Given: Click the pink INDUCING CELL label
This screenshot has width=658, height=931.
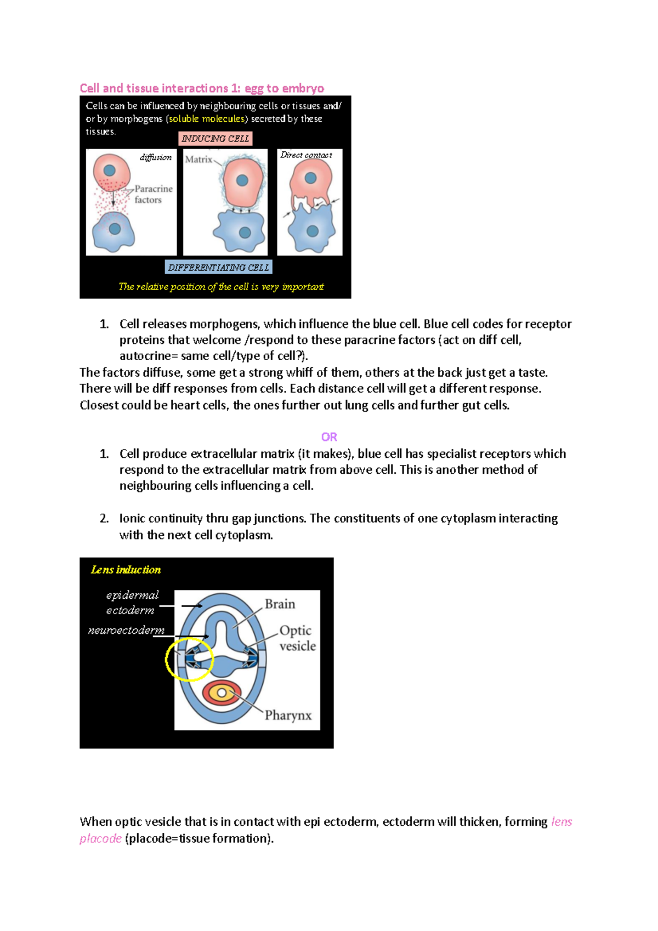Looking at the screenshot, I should [x=215, y=139].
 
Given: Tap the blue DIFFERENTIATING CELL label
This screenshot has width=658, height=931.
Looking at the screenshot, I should [x=218, y=268].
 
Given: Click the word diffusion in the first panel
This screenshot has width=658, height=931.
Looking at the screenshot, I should [x=156, y=157].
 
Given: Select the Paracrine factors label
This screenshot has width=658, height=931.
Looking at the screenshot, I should [x=153, y=194].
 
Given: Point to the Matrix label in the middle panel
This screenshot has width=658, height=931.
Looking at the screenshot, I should [x=198, y=160].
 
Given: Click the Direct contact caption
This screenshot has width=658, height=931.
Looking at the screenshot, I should [x=306, y=155].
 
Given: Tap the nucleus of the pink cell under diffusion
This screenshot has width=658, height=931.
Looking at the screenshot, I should [x=110, y=171].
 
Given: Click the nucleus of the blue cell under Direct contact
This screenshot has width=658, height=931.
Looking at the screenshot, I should [x=313, y=231].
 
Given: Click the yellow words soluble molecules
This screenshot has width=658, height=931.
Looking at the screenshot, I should [x=206, y=119].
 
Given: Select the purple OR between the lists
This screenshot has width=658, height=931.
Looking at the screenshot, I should [x=329, y=437].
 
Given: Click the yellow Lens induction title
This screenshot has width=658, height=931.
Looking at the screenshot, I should [x=126, y=570].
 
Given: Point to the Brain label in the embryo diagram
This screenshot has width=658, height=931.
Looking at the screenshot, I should [x=280, y=604].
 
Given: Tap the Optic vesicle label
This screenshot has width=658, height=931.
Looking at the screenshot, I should [x=297, y=638].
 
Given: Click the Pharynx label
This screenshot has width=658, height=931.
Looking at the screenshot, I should [x=288, y=716].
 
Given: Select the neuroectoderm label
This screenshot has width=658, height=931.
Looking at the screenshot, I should [x=126, y=631].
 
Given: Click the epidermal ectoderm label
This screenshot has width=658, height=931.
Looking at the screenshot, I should [x=132, y=603].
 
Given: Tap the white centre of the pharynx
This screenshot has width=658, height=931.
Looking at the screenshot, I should [x=222, y=693].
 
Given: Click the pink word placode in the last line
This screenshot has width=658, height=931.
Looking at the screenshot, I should [x=100, y=838].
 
